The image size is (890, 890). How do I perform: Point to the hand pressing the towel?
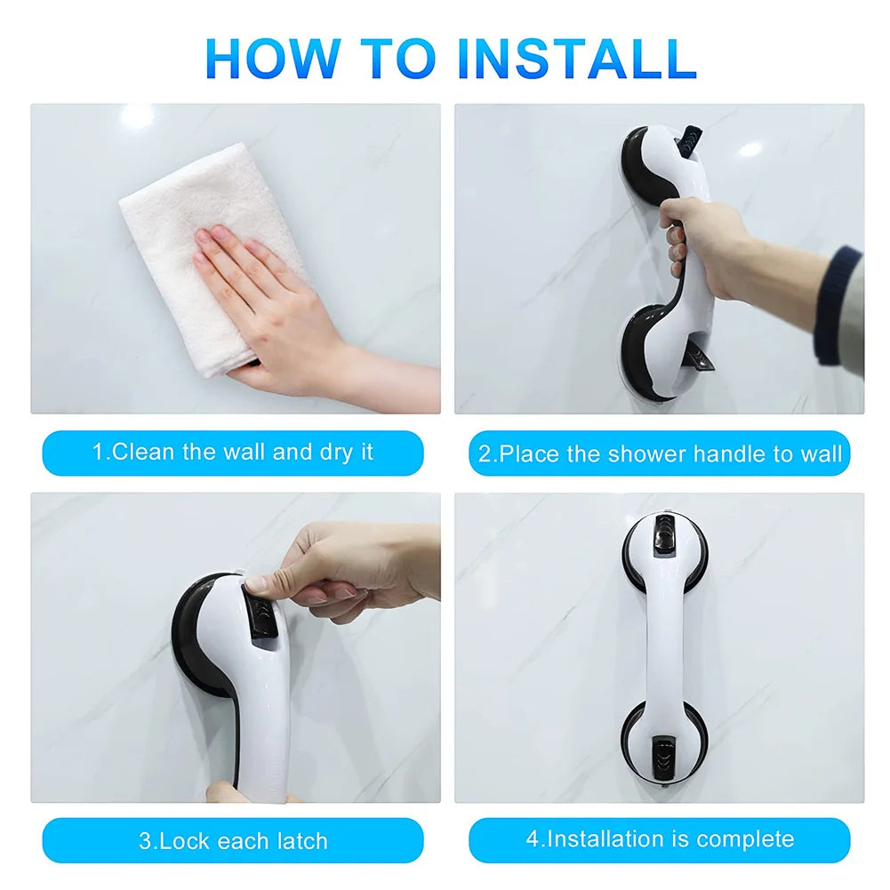267,302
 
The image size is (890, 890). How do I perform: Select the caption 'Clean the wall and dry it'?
233,452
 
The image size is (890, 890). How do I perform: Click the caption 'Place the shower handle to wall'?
660,453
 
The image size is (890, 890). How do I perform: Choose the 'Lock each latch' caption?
233,840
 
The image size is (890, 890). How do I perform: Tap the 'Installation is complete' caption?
660,838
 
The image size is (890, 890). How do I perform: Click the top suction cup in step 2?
653,160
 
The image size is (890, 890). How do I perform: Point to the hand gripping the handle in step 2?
702,245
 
